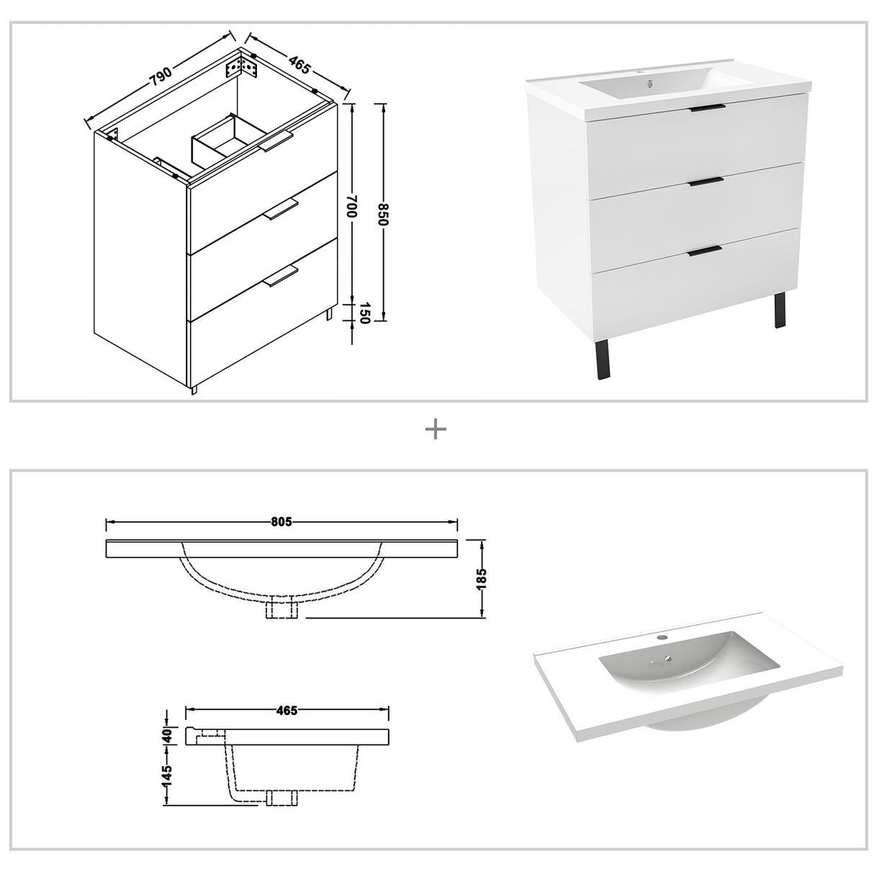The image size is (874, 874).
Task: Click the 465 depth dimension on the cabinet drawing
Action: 299,64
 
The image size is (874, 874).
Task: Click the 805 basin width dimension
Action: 282,521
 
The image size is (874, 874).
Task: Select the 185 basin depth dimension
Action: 482,579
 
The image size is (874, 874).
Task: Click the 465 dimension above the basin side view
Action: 287,711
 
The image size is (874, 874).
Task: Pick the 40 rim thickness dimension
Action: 167,736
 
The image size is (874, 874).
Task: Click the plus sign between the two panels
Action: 436,430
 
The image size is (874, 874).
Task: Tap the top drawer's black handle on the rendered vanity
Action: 707,109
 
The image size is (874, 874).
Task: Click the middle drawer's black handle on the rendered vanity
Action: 706,181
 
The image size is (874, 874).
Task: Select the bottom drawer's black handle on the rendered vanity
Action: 704,250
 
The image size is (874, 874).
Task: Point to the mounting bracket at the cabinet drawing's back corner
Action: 240,67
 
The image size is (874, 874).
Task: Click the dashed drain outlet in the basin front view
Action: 281,610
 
